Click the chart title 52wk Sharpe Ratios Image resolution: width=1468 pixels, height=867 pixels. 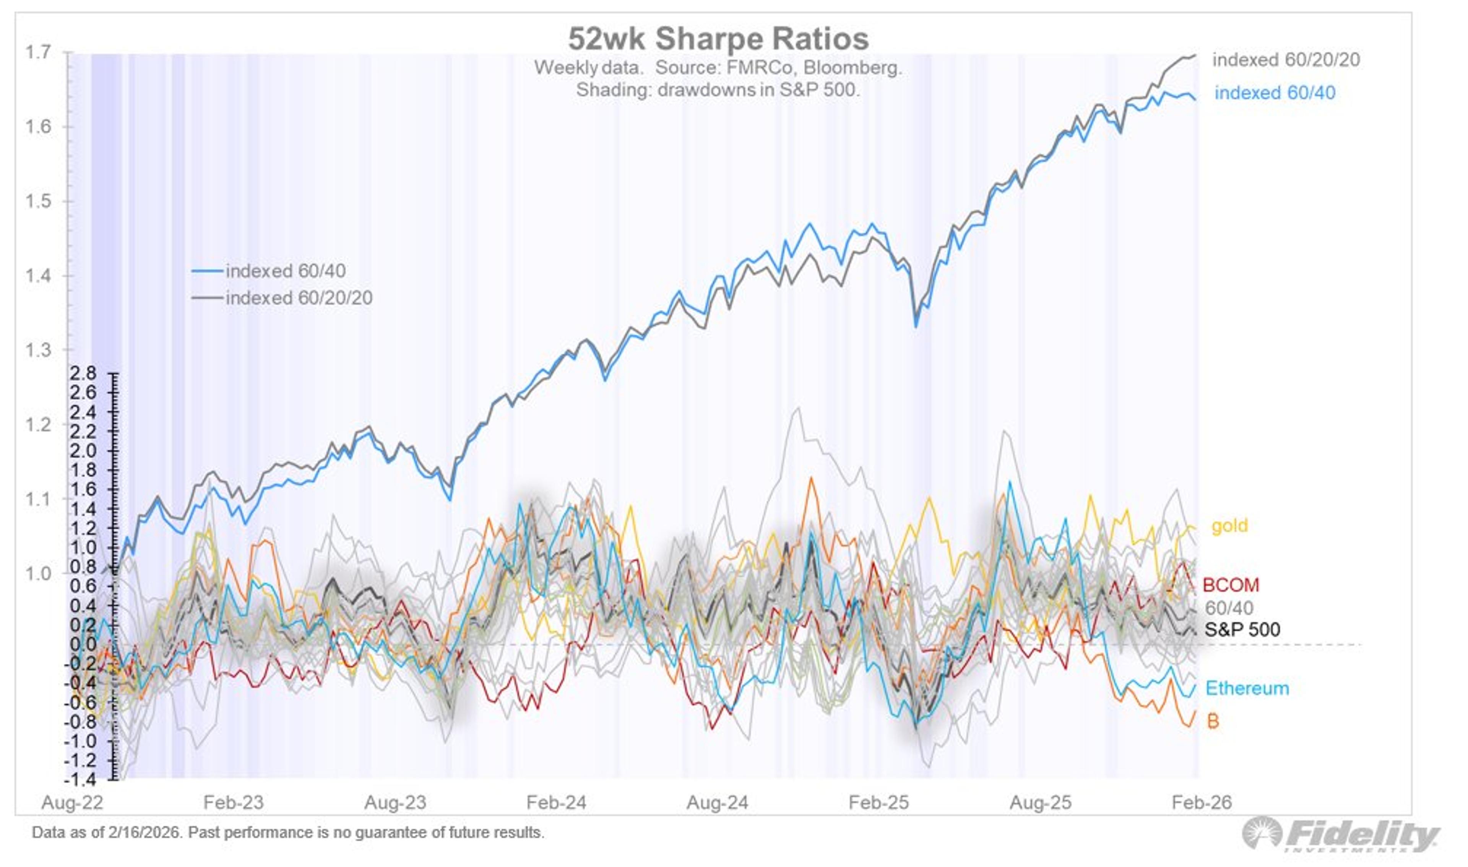click(718, 39)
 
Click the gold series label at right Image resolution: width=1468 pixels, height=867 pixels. click(1229, 526)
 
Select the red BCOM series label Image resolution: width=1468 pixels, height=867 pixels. click(1230, 585)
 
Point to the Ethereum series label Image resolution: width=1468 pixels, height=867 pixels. click(1247, 688)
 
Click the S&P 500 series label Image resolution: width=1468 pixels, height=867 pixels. click(1242, 629)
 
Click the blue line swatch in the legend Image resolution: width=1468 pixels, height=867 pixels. click(207, 271)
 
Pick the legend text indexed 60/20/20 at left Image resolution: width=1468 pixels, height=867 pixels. click(299, 298)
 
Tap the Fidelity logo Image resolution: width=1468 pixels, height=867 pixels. click(1341, 834)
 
